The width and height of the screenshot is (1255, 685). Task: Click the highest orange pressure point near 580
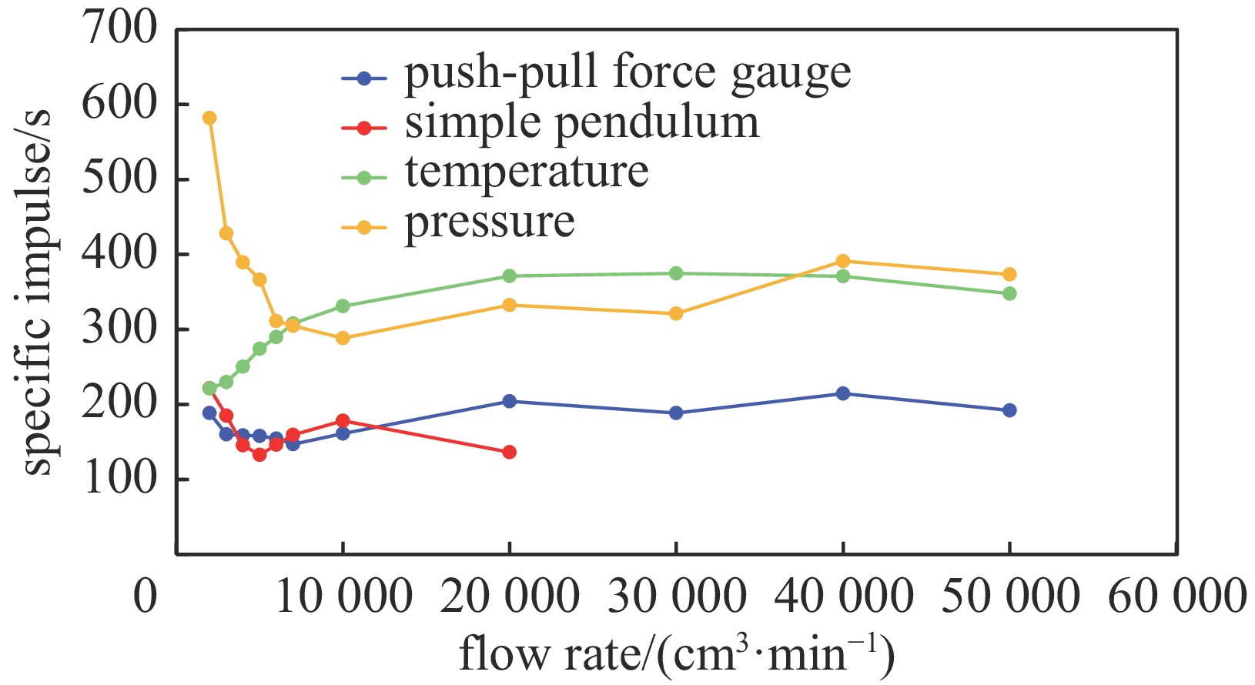(x=209, y=118)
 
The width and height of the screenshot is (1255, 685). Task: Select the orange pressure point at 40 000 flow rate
(x=843, y=261)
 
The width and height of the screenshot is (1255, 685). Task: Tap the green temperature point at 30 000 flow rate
(x=676, y=273)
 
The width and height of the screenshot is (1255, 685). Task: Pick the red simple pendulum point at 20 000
(x=509, y=452)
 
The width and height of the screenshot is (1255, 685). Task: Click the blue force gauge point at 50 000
(x=1009, y=410)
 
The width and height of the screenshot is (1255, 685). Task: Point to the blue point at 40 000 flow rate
(x=843, y=393)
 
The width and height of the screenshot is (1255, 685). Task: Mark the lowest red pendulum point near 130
(x=259, y=454)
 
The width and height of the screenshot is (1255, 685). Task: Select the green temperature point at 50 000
(x=1009, y=293)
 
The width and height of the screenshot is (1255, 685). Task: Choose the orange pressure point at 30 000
(x=676, y=313)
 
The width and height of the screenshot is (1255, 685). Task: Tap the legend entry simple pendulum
(x=581, y=124)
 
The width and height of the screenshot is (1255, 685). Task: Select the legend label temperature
(x=527, y=172)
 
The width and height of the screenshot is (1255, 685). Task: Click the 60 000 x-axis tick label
(x=1176, y=596)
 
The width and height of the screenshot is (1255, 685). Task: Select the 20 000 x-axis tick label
(x=509, y=596)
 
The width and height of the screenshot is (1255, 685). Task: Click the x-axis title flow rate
(x=676, y=654)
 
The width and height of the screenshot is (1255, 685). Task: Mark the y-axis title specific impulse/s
(x=36, y=292)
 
